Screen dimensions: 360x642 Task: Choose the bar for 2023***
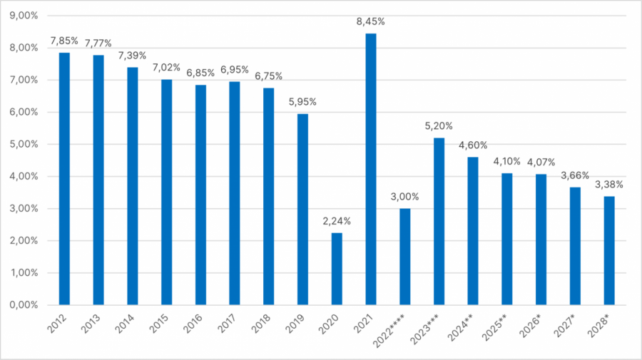pyautogui.click(x=439, y=222)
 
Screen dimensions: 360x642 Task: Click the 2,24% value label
pyautogui.click(x=337, y=221)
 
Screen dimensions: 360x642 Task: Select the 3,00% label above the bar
pyautogui.click(x=404, y=197)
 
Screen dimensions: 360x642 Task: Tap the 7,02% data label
pyautogui.click(x=166, y=68)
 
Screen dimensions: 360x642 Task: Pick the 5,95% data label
pyautogui.click(x=302, y=102)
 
